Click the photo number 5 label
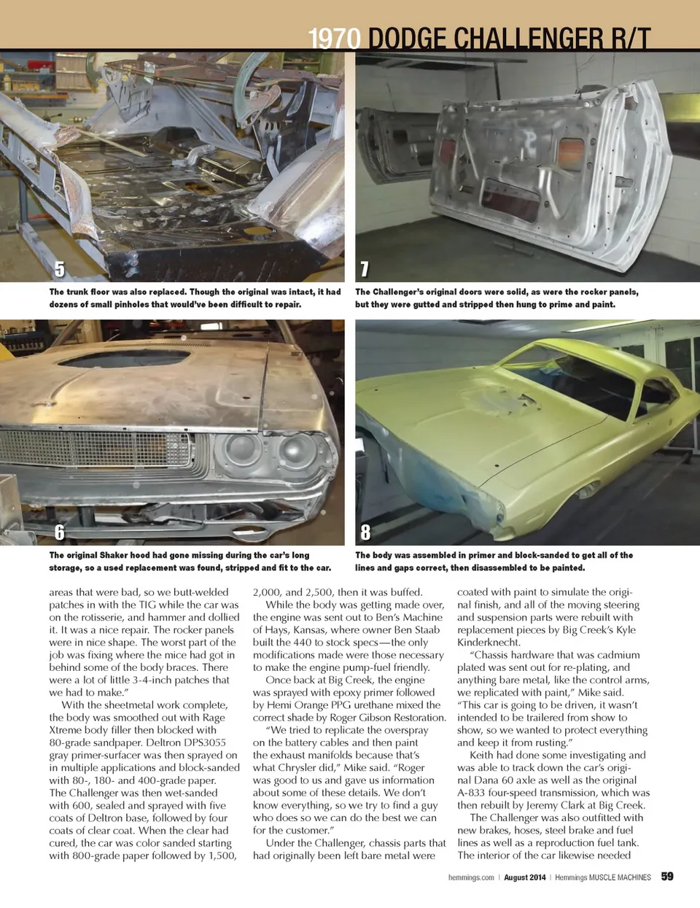click(x=60, y=269)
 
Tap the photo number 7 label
click(x=365, y=269)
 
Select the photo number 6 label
click(x=60, y=533)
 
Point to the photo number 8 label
click(x=365, y=533)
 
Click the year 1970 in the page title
click(x=335, y=38)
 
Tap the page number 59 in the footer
click(x=667, y=877)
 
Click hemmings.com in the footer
click(x=471, y=877)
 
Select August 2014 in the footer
click(x=524, y=877)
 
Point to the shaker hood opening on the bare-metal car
click(x=124, y=358)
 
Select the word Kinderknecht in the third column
click(x=488, y=643)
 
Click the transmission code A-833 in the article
click(x=474, y=793)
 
